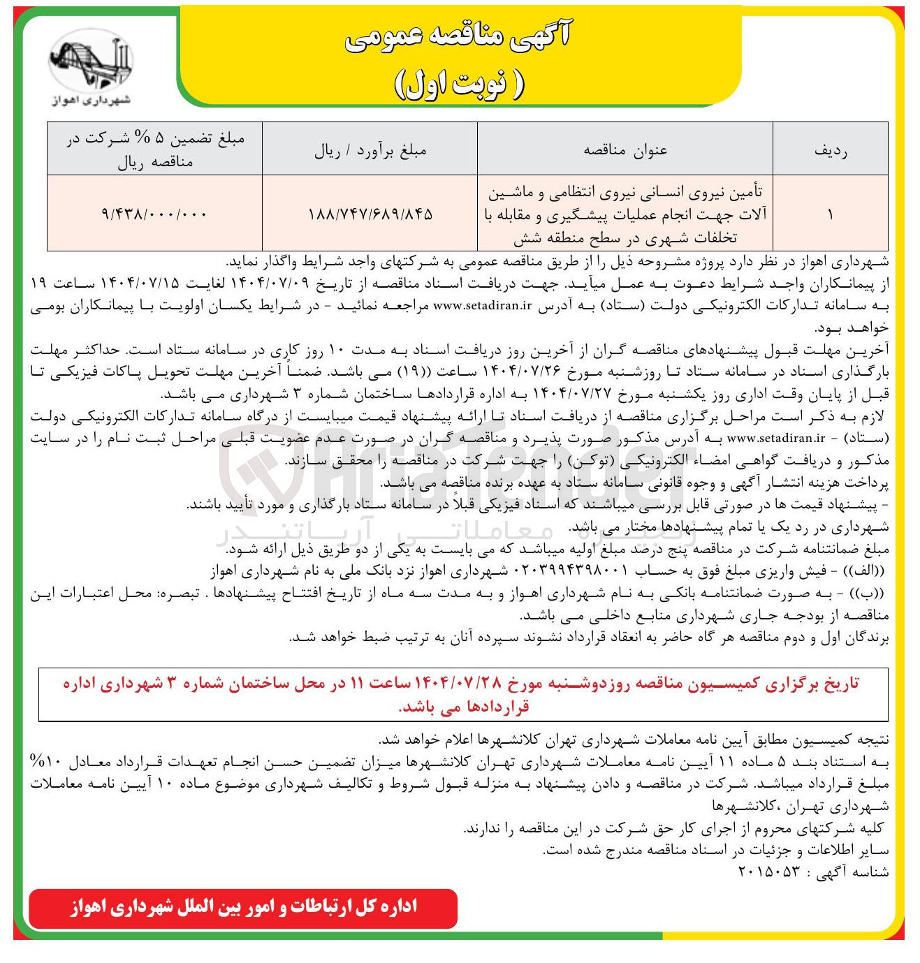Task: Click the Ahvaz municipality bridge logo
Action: point(91,66)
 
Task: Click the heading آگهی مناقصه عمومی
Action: point(458,38)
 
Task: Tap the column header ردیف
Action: point(830,150)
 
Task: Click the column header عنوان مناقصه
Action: point(625,150)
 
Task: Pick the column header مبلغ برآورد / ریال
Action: point(370,150)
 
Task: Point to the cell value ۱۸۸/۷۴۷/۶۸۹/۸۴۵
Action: point(370,214)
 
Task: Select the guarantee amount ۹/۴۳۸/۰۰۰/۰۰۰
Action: point(154,214)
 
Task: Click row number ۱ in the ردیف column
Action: point(830,214)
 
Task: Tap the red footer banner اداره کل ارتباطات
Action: point(243,908)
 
